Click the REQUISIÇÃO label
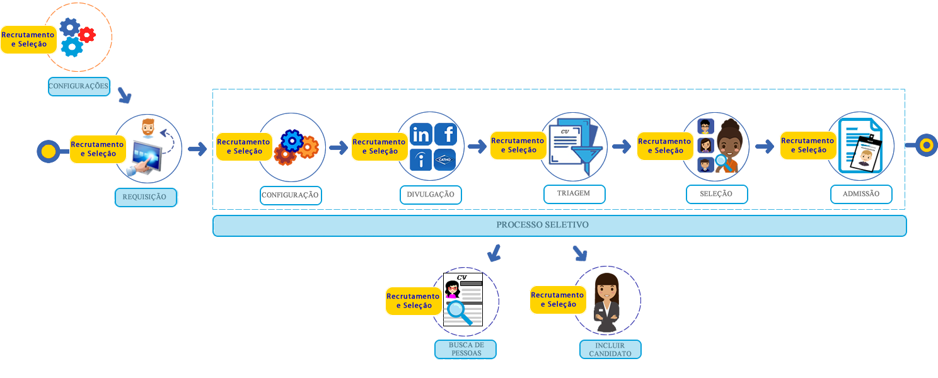point(145,197)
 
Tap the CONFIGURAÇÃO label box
point(290,195)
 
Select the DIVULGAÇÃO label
point(431,195)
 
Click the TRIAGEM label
point(574,193)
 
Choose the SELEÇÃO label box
point(716,194)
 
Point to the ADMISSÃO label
point(861,194)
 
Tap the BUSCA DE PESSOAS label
point(466,349)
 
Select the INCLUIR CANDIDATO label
point(610,350)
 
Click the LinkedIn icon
point(420,135)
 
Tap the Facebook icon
point(448,134)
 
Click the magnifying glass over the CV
point(460,312)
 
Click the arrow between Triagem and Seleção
point(622,147)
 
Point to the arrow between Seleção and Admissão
point(764,147)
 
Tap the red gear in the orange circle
point(87,35)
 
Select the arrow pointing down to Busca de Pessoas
point(495,254)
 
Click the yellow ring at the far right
point(926,146)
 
